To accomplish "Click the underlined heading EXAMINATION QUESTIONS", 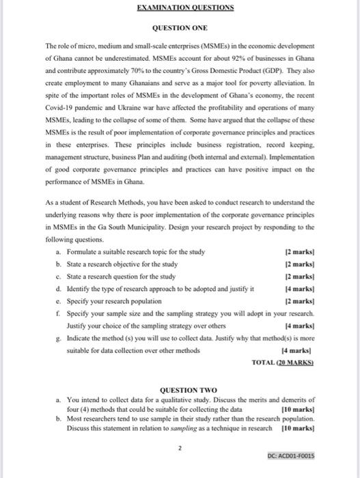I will [x=180, y=8].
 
